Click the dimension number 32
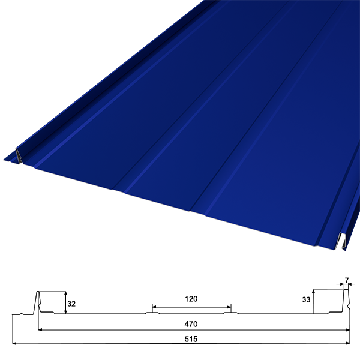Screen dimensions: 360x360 (x=71, y=304)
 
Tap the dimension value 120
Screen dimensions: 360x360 (x=191, y=299)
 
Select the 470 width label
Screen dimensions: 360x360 (x=191, y=324)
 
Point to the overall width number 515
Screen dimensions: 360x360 (x=191, y=339)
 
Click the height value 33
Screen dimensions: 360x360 (x=306, y=299)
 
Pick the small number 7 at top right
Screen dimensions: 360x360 (x=347, y=280)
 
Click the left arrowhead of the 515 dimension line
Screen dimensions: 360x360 (x=14, y=343)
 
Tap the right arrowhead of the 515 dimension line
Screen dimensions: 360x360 (x=348, y=343)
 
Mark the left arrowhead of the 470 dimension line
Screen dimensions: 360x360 (x=40, y=329)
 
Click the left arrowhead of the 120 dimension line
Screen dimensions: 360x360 (x=154, y=307)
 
